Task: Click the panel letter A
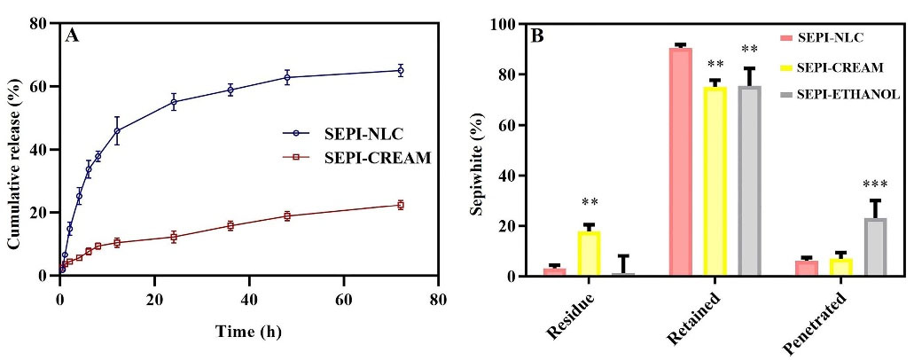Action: point(72,36)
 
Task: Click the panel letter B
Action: point(537,36)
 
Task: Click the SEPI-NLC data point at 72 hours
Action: point(400,70)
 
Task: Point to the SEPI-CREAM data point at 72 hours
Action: point(400,205)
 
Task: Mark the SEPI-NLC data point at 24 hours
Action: point(174,102)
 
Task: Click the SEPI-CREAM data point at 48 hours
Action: point(287,215)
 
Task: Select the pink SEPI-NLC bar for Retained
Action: point(681,161)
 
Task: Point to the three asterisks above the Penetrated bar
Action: point(876,185)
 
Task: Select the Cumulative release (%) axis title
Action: point(15,148)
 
